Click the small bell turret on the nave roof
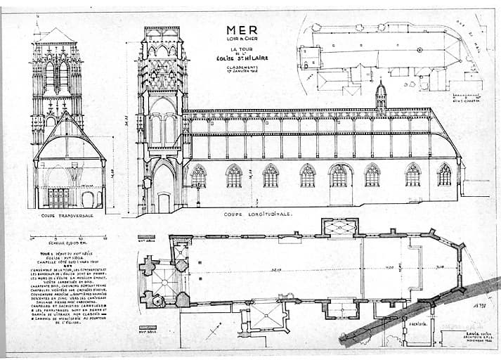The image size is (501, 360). click(x=380, y=97)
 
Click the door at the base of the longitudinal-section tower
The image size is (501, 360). click(x=164, y=202)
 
